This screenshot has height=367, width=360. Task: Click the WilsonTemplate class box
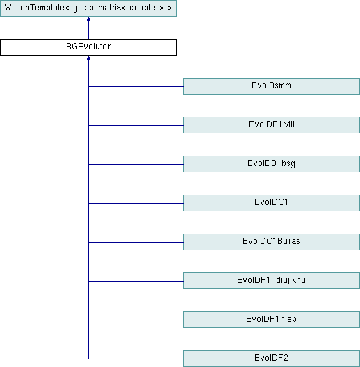tap(88, 8)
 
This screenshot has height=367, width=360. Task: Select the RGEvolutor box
tap(88, 47)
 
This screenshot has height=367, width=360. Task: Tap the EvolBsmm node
tap(272, 86)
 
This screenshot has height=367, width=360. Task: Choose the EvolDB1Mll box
tap(272, 125)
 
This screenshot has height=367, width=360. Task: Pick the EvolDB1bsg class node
tap(272, 164)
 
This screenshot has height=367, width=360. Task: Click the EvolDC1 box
tap(272, 203)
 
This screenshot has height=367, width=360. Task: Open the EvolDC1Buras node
tap(272, 242)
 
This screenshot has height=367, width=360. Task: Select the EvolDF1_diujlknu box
tap(272, 281)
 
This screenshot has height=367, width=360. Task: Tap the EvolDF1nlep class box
tap(272, 320)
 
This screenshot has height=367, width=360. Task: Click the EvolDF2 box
tap(272, 359)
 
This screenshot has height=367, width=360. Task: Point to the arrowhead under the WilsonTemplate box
tap(88, 19)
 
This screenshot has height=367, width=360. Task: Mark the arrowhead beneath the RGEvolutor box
tap(88, 58)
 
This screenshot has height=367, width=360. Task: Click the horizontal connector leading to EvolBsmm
tap(136, 86)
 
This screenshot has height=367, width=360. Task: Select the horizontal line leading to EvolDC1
tap(136, 203)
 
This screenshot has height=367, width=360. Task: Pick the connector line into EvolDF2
tap(136, 359)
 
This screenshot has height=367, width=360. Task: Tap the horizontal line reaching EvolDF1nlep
tap(136, 320)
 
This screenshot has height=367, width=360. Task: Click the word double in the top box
tap(142, 8)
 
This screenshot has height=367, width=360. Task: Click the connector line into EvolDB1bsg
tap(136, 164)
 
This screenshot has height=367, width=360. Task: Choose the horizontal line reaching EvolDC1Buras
tap(136, 242)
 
